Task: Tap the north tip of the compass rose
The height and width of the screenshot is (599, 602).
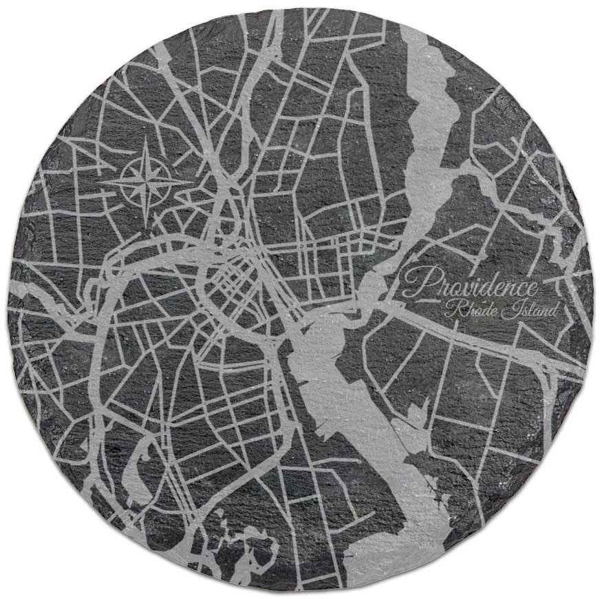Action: tap(147, 138)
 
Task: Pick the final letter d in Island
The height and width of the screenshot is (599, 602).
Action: tap(552, 311)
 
